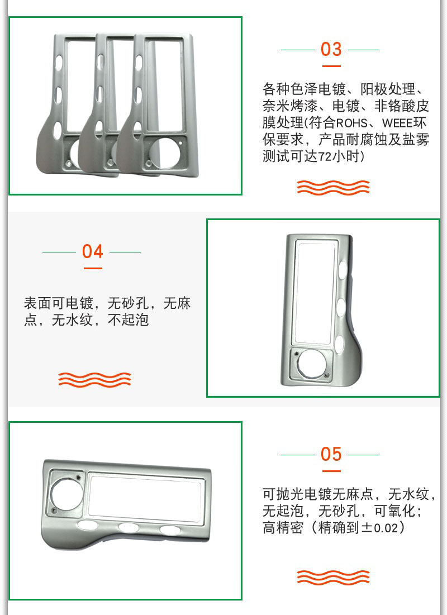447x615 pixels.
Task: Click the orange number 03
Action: coord(331,49)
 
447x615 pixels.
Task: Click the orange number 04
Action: coord(93,251)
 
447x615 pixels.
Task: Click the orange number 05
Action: coord(331,454)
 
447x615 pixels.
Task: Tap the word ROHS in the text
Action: coord(351,123)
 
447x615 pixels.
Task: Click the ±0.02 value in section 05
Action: coord(379,527)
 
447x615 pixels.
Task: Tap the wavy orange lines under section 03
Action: coord(333,187)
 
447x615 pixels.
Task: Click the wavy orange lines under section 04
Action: coord(94,379)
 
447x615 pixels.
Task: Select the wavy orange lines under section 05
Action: coord(333,576)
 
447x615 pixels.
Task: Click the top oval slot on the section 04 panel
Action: coord(342,269)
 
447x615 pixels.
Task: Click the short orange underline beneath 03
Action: coord(331,66)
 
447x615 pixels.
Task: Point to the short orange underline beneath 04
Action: coord(93,268)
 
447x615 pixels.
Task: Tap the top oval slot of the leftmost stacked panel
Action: coord(59,63)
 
